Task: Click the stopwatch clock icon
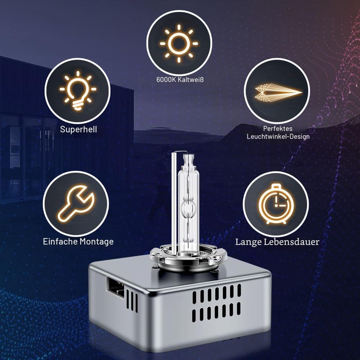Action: coord(276,204)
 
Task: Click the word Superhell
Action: coord(78,129)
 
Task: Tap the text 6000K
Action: coord(164,80)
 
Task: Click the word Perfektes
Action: coord(278,129)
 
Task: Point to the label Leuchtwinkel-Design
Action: coord(278,137)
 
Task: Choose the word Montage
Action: coord(97,242)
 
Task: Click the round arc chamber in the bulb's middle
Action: coord(188,208)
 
